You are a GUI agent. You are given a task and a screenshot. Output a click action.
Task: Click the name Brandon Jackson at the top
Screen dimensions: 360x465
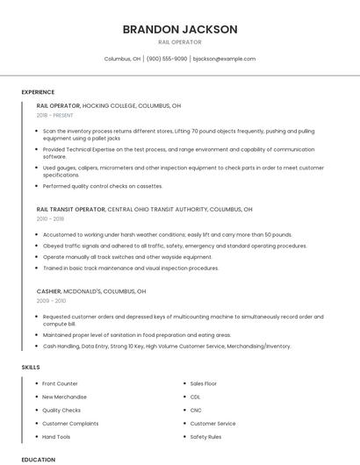coord(179,29)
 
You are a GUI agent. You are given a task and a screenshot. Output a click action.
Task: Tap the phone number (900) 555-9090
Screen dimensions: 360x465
coord(167,59)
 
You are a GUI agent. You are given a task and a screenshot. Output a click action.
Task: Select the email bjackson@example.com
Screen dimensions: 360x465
coord(224,59)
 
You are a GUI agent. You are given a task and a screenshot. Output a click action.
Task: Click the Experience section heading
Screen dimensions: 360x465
coord(38,92)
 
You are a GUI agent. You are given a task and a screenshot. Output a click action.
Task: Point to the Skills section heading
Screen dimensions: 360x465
coord(31,368)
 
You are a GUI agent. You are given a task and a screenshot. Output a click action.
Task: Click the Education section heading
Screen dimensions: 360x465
coord(38,459)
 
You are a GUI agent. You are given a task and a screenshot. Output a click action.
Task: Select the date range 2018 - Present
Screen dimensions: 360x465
coord(54,115)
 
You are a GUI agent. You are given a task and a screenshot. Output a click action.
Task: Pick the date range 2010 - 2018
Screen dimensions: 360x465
coord(50,219)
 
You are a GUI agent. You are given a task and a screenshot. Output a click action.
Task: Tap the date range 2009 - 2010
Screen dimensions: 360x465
coord(51,300)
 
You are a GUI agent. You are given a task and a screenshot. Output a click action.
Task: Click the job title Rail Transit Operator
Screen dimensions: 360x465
coord(71,210)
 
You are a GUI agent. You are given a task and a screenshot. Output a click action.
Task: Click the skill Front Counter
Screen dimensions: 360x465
coord(60,383)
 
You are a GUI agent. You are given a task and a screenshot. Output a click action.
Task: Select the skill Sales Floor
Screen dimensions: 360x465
coord(203,383)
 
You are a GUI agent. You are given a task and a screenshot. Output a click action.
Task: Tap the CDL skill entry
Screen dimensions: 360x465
coord(195,397)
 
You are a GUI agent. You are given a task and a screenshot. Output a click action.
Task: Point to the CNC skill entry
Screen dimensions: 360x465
coord(195,410)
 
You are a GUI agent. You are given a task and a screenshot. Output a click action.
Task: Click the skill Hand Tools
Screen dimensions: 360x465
coord(56,436)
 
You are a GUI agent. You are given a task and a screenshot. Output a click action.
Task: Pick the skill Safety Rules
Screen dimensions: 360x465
coord(205,436)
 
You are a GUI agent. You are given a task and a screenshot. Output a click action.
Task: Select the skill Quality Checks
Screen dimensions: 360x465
coord(61,410)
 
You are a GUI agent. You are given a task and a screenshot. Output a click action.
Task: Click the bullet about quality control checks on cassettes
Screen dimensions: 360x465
coord(102,186)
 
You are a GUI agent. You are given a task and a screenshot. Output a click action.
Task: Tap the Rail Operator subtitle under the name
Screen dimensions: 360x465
coord(179,42)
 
